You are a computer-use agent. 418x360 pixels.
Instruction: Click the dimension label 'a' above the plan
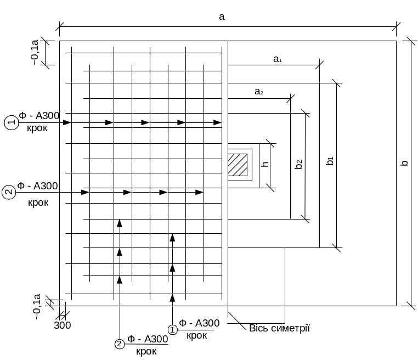point(222,17)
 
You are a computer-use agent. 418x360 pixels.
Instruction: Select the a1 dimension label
point(278,59)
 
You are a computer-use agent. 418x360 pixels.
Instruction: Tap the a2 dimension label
point(259,92)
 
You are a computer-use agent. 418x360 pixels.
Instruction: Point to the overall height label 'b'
point(405,164)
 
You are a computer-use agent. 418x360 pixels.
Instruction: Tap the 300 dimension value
point(63,325)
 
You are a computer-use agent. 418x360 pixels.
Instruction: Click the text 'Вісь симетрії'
point(280,328)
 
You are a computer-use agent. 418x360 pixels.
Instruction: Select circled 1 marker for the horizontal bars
point(11,123)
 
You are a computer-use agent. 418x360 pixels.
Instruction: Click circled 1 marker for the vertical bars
point(173,329)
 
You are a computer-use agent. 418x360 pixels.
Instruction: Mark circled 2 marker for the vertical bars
point(120,344)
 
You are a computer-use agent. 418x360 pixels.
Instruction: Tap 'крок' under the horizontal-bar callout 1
point(37,128)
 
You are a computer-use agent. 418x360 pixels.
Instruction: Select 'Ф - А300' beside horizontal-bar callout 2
point(37,186)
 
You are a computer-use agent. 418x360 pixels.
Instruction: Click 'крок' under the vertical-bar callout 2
point(146,351)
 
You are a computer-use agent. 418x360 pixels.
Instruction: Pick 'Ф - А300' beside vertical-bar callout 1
point(200,323)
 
